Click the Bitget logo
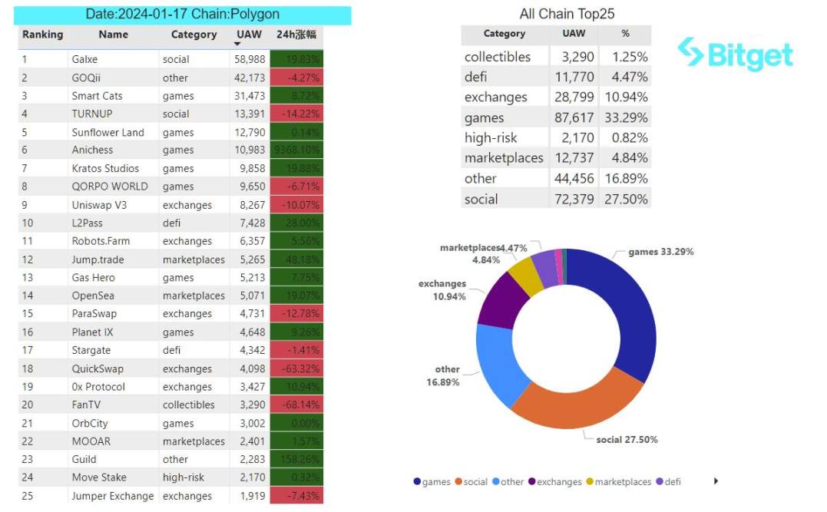point(735,54)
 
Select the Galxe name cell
point(84,59)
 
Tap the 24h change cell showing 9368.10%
point(296,150)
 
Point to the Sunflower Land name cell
point(108,132)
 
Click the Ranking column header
point(43,35)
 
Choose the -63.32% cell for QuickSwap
point(296,368)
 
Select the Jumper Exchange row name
point(113,496)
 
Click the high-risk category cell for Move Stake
point(184,477)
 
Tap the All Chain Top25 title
point(567,14)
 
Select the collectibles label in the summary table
point(498,57)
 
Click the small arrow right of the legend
point(716,481)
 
